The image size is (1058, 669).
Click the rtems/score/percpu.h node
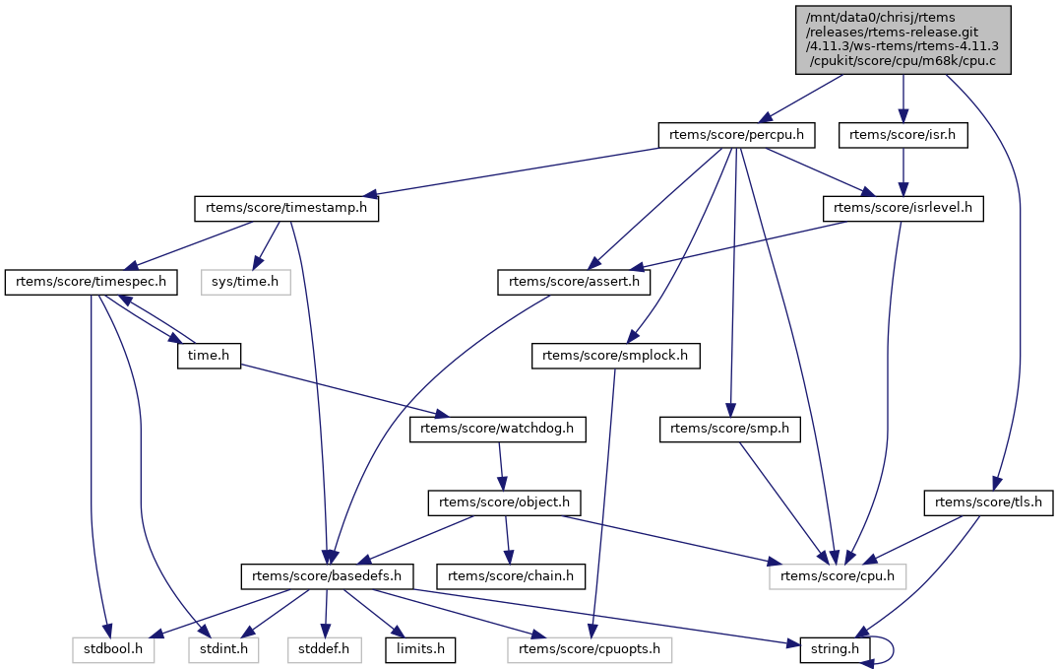click(737, 135)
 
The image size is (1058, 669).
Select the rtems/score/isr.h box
click(903, 135)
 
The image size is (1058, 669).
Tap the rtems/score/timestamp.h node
click(286, 209)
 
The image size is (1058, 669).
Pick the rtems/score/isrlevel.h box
click(903, 209)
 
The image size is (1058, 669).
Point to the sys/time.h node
click(246, 282)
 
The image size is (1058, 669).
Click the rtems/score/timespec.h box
click(91, 282)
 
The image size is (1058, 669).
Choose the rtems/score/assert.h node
click(574, 282)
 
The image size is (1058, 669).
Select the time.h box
click(210, 356)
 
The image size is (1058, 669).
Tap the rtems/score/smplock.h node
click(615, 356)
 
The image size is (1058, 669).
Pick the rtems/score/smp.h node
click(730, 429)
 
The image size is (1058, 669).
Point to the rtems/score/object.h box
click(505, 502)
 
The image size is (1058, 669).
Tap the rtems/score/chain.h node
click(513, 575)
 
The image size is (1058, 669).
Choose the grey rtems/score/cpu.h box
click(837, 575)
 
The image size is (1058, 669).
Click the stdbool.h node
click(112, 649)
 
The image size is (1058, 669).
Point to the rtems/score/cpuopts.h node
click(590, 649)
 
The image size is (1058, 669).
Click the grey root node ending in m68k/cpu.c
click(903, 39)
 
